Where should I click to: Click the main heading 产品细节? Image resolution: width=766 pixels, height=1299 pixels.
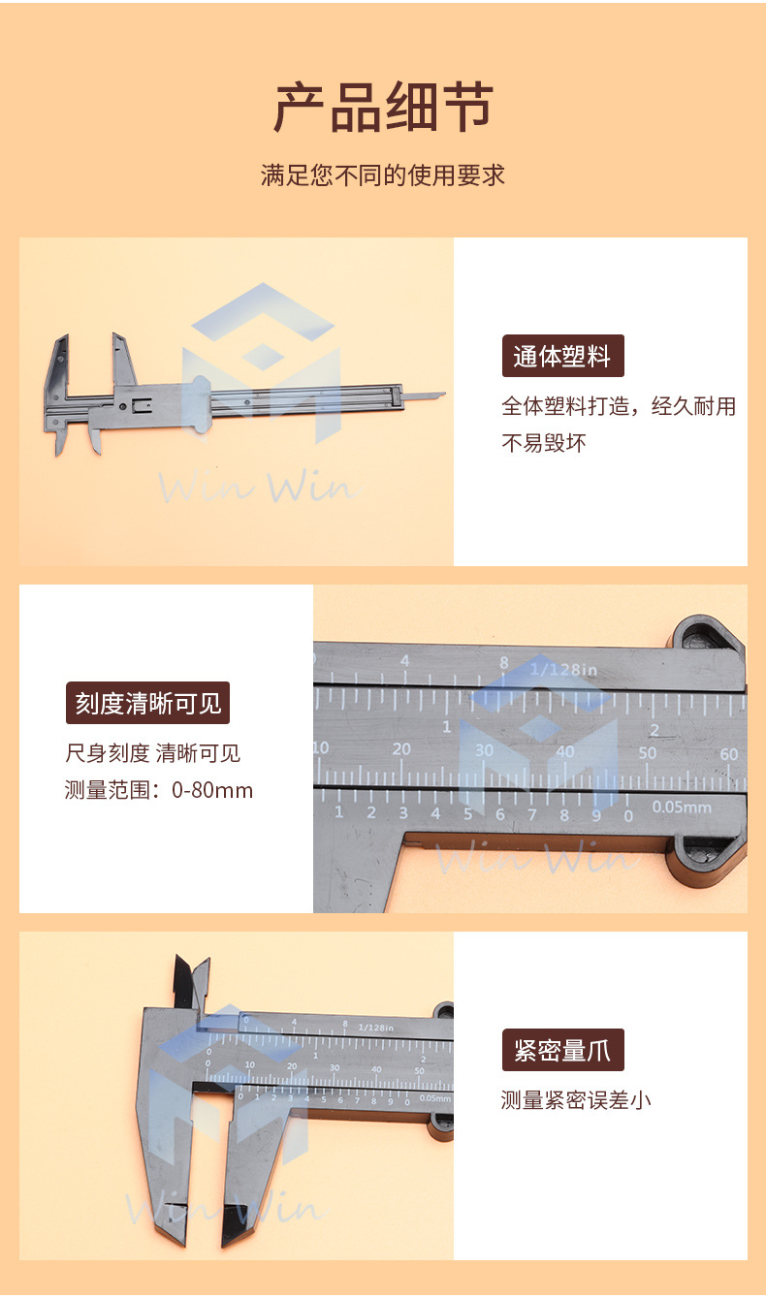(383, 108)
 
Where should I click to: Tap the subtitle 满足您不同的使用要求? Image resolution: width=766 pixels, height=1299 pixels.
(383, 175)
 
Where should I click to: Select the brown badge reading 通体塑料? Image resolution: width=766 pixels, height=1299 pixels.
(562, 356)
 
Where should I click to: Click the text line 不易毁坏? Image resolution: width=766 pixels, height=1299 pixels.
(544, 444)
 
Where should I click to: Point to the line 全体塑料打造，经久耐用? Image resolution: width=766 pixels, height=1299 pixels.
(618, 406)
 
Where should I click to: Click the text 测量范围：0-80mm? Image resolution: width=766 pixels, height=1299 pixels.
(159, 790)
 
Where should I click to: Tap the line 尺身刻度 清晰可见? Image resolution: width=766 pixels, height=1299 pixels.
(152, 753)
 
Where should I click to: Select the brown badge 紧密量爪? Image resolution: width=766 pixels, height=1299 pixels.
(562, 1050)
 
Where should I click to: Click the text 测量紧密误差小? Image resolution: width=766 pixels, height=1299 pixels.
(575, 1100)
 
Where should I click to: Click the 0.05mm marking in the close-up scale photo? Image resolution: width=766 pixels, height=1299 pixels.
(681, 807)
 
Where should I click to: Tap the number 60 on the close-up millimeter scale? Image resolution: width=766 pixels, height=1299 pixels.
(729, 754)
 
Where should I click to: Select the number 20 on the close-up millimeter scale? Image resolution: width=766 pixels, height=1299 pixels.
(401, 748)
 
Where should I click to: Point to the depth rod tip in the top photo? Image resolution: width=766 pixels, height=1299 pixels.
(438, 395)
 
